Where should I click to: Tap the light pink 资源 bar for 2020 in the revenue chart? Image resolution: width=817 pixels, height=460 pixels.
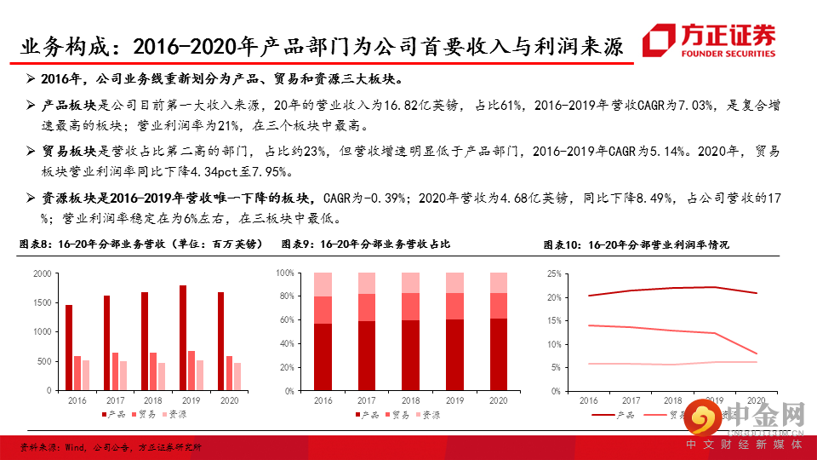tap(237, 377)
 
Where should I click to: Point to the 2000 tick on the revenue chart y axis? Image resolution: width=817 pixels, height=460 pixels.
tap(42, 273)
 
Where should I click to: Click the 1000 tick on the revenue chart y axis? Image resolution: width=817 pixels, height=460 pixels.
tap(42, 332)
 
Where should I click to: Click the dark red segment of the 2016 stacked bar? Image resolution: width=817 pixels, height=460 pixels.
tap(323, 357)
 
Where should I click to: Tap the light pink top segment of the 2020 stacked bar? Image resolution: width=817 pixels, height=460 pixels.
tap(500, 283)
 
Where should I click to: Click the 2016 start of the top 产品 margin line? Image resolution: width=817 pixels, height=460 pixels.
tap(588, 296)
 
